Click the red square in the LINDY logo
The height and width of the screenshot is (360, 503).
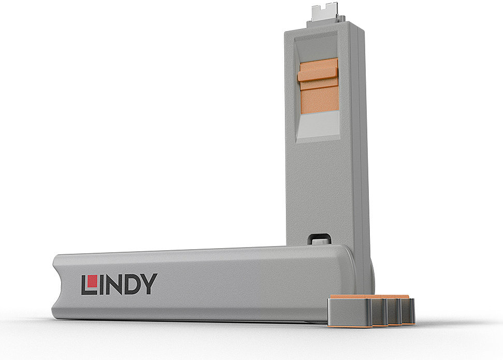(92, 281)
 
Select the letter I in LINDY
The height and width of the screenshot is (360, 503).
(101, 285)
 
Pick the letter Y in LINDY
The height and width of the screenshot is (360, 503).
(149, 284)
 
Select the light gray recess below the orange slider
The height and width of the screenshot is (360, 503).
(318, 126)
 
